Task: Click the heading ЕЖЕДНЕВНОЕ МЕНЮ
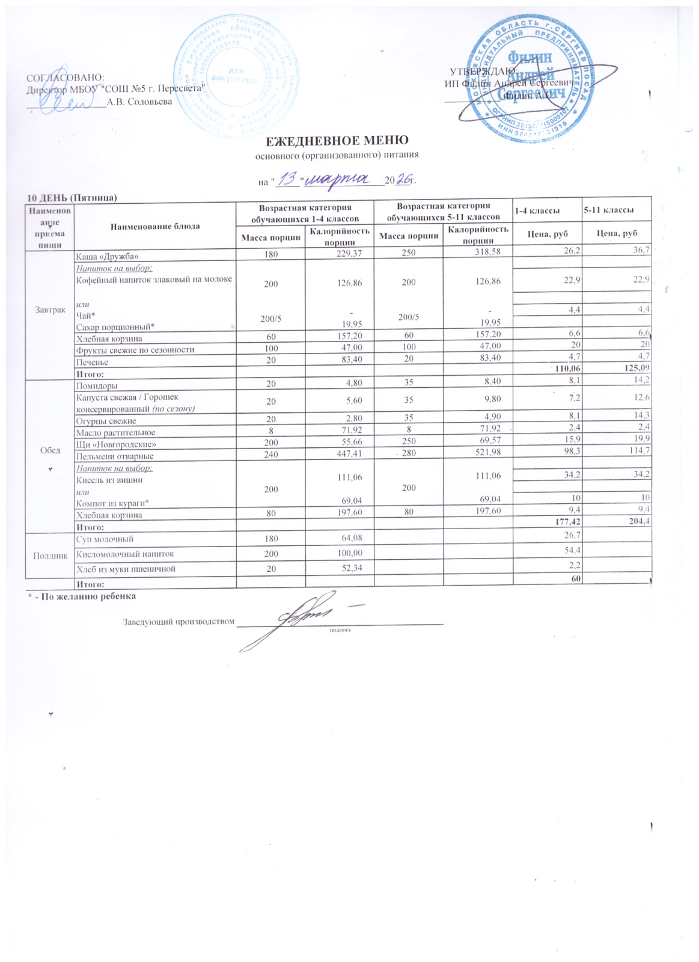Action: point(337,141)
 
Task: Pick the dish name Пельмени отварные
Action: point(114,456)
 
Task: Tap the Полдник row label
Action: point(49,556)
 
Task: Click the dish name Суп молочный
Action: point(105,539)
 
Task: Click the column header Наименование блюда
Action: point(155,226)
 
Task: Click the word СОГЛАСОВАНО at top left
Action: point(66,78)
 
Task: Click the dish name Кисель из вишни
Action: point(109,480)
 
